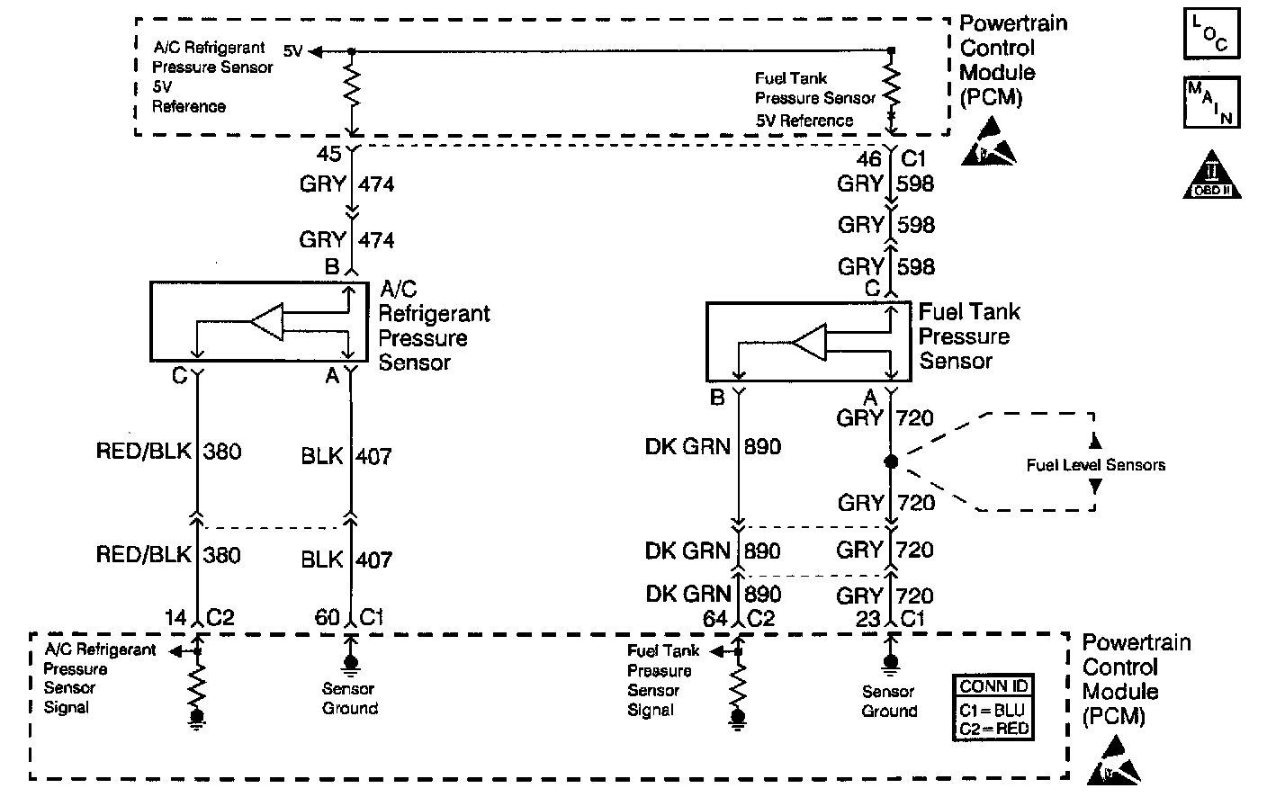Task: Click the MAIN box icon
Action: point(1211,102)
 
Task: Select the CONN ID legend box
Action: point(993,707)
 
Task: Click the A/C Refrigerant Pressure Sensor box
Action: point(259,321)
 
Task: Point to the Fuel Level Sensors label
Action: point(1095,465)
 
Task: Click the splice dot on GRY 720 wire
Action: point(891,461)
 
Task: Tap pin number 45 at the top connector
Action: point(329,154)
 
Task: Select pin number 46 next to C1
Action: point(869,159)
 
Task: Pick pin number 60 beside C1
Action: point(327,617)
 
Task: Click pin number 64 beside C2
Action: point(714,619)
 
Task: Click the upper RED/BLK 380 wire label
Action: point(168,451)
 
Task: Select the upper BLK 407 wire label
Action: point(346,456)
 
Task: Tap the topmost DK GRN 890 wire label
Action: point(713,446)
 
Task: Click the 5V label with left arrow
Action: point(293,52)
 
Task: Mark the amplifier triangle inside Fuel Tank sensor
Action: point(809,344)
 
